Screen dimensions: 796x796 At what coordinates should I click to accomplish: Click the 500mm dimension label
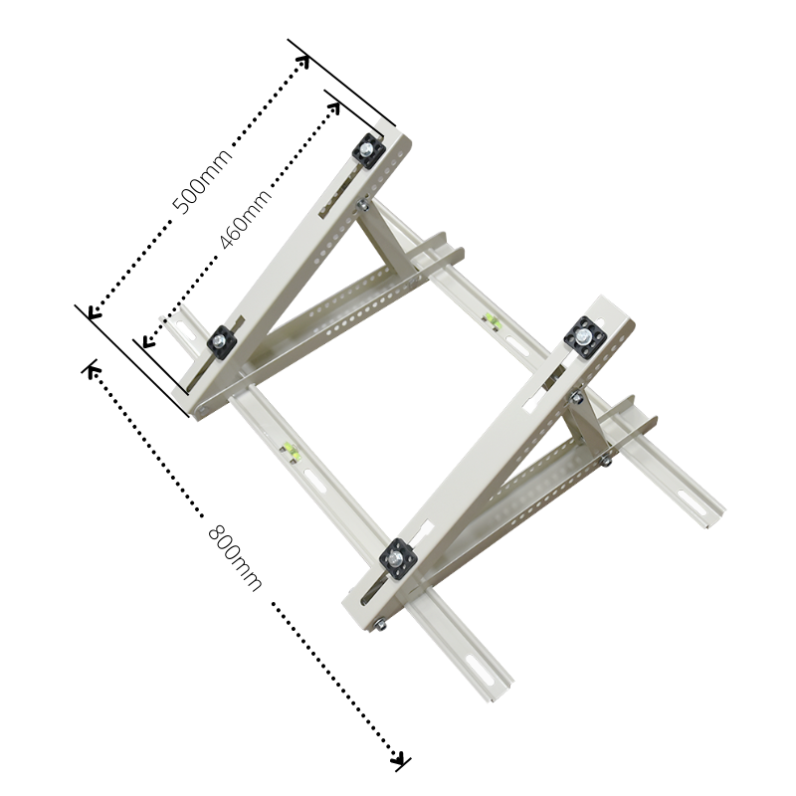click(x=203, y=180)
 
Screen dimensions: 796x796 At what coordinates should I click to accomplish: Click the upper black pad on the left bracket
click(x=368, y=150)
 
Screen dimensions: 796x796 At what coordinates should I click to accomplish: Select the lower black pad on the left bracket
click(x=221, y=341)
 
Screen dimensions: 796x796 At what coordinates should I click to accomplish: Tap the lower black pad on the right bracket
click(x=400, y=558)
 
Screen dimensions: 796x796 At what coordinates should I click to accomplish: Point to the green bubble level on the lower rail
click(x=290, y=454)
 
